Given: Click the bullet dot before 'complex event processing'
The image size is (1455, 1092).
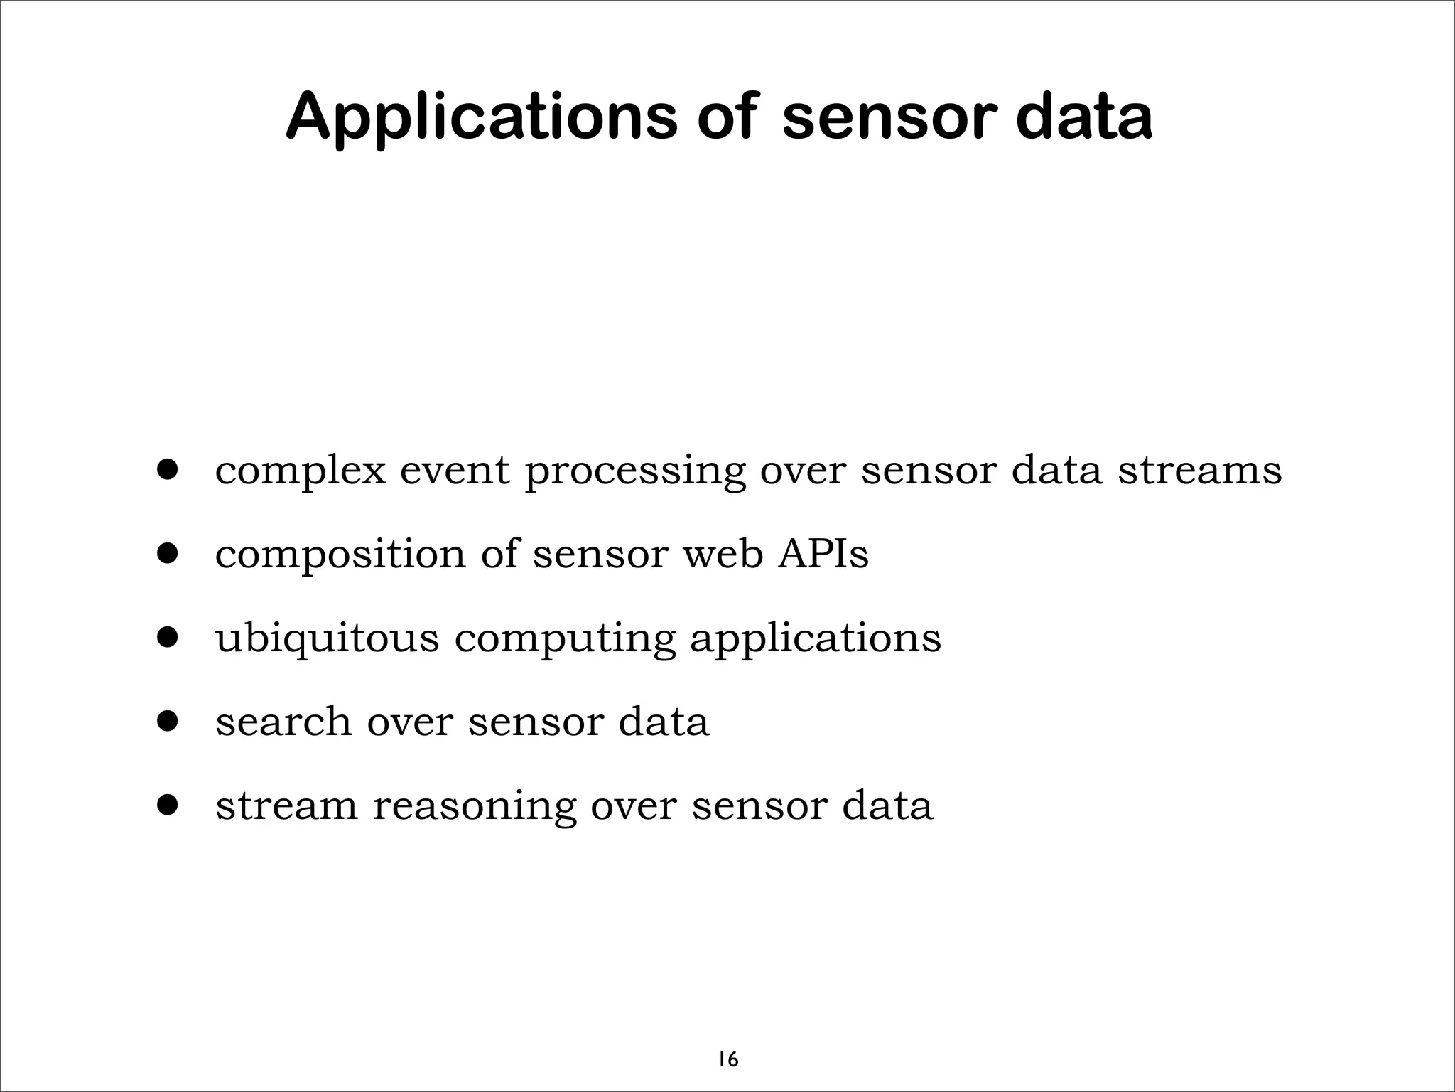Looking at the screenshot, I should coord(168,469).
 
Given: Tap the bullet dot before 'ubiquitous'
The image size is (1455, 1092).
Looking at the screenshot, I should coord(168,638).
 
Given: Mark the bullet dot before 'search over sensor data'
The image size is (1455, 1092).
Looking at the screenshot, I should coord(168,722).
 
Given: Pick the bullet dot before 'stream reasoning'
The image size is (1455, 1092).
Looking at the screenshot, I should coord(168,805).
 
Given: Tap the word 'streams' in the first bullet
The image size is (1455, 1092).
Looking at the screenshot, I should coord(1200,471).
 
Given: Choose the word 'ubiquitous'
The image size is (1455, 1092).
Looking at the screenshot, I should coord(328,638).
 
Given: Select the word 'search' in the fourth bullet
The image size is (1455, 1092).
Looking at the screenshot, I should coord(283,722).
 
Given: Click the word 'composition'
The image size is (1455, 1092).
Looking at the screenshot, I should coord(340,555).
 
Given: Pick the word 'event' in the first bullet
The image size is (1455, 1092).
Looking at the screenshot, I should coord(455,471).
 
